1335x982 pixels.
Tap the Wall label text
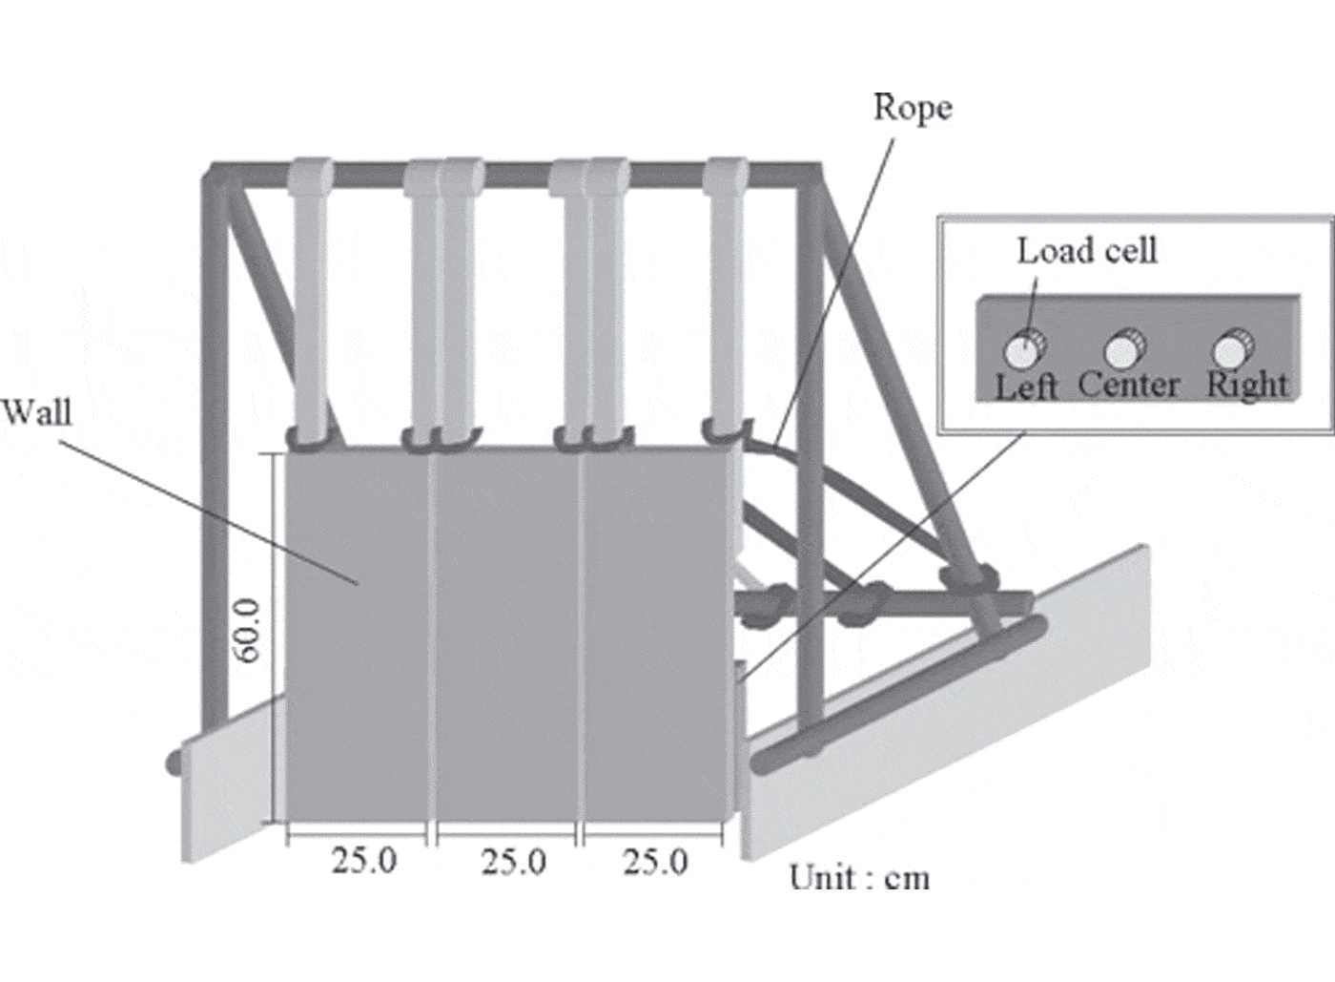point(37,411)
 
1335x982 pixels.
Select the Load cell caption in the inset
point(1087,251)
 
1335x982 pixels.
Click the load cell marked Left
point(1024,349)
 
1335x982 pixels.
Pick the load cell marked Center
point(1124,348)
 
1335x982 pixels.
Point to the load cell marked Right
point(1232,348)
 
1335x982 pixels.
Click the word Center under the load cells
point(1129,385)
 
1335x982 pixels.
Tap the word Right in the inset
point(1247,385)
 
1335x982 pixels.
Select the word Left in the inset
point(1026,387)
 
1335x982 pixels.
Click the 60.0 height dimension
point(247,631)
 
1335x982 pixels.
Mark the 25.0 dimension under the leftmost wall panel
point(363,861)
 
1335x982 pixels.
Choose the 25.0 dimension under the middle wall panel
point(513,862)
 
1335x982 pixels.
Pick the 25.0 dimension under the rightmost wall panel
point(656,862)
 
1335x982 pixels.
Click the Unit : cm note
point(859,878)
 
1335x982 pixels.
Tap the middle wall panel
point(507,636)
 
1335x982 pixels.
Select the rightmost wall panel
point(657,636)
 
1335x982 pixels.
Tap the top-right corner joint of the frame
point(810,175)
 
